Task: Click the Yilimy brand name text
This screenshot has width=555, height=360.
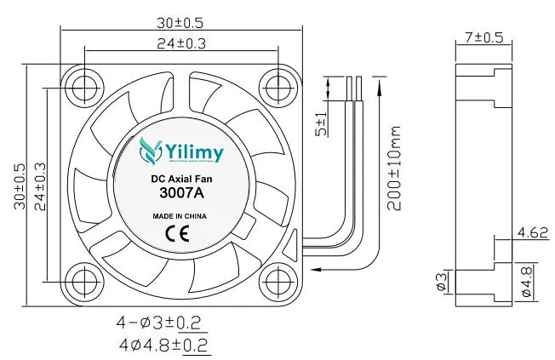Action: [x=195, y=153]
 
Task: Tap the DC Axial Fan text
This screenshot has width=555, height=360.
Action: [x=181, y=180]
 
